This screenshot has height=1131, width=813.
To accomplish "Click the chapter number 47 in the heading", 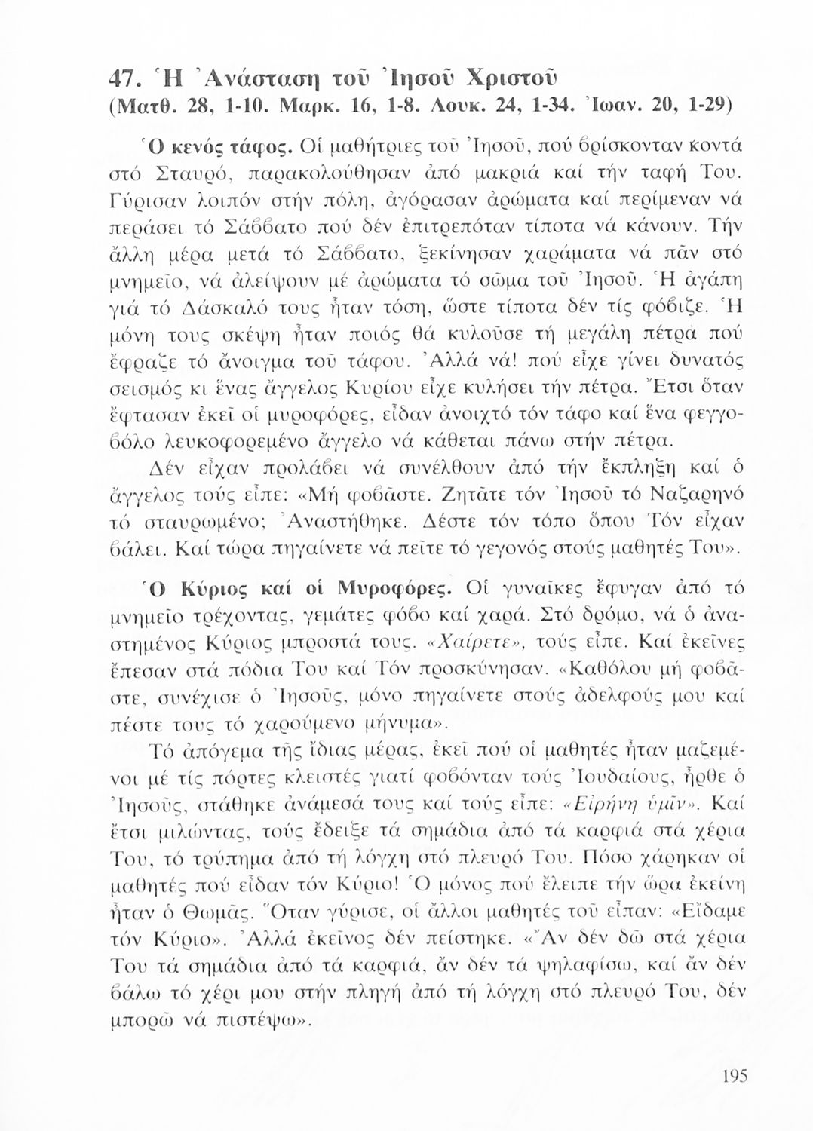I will [x=122, y=78].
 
